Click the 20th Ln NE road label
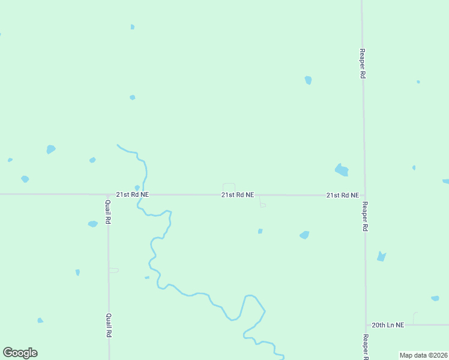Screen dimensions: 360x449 point(388,325)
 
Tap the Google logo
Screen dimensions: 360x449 point(20,353)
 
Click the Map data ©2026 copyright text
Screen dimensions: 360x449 point(423,355)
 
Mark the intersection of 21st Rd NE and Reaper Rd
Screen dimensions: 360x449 point(364,195)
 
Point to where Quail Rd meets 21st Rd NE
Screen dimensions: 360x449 point(108,194)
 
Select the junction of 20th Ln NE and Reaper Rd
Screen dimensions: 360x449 point(366,325)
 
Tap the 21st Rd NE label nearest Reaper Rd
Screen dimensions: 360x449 point(343,196)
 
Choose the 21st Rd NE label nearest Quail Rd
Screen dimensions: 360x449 point(132,195)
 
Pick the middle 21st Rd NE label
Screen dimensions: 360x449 point(238,195)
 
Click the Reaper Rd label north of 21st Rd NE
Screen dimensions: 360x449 point(363,64)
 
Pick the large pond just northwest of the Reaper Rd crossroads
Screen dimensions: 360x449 point(342,170)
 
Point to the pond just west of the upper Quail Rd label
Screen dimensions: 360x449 point(92,224)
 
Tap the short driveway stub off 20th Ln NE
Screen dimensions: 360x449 point(414,317)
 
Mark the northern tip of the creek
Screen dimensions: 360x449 point(118,145)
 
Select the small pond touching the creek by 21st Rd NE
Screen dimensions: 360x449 point(137,188)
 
